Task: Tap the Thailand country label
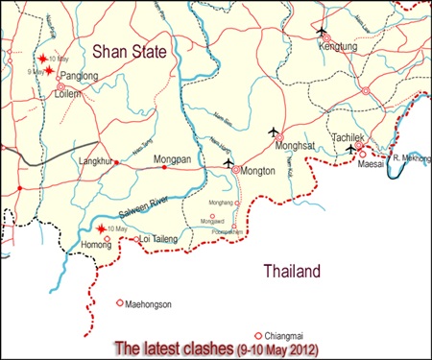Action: click(293, 273)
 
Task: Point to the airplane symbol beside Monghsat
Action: click(276, 131)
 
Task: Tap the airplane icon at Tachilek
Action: click(352, 149)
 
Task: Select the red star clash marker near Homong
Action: click(102, 228)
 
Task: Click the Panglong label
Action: click(79, 75)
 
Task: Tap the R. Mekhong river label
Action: click(409, 156)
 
